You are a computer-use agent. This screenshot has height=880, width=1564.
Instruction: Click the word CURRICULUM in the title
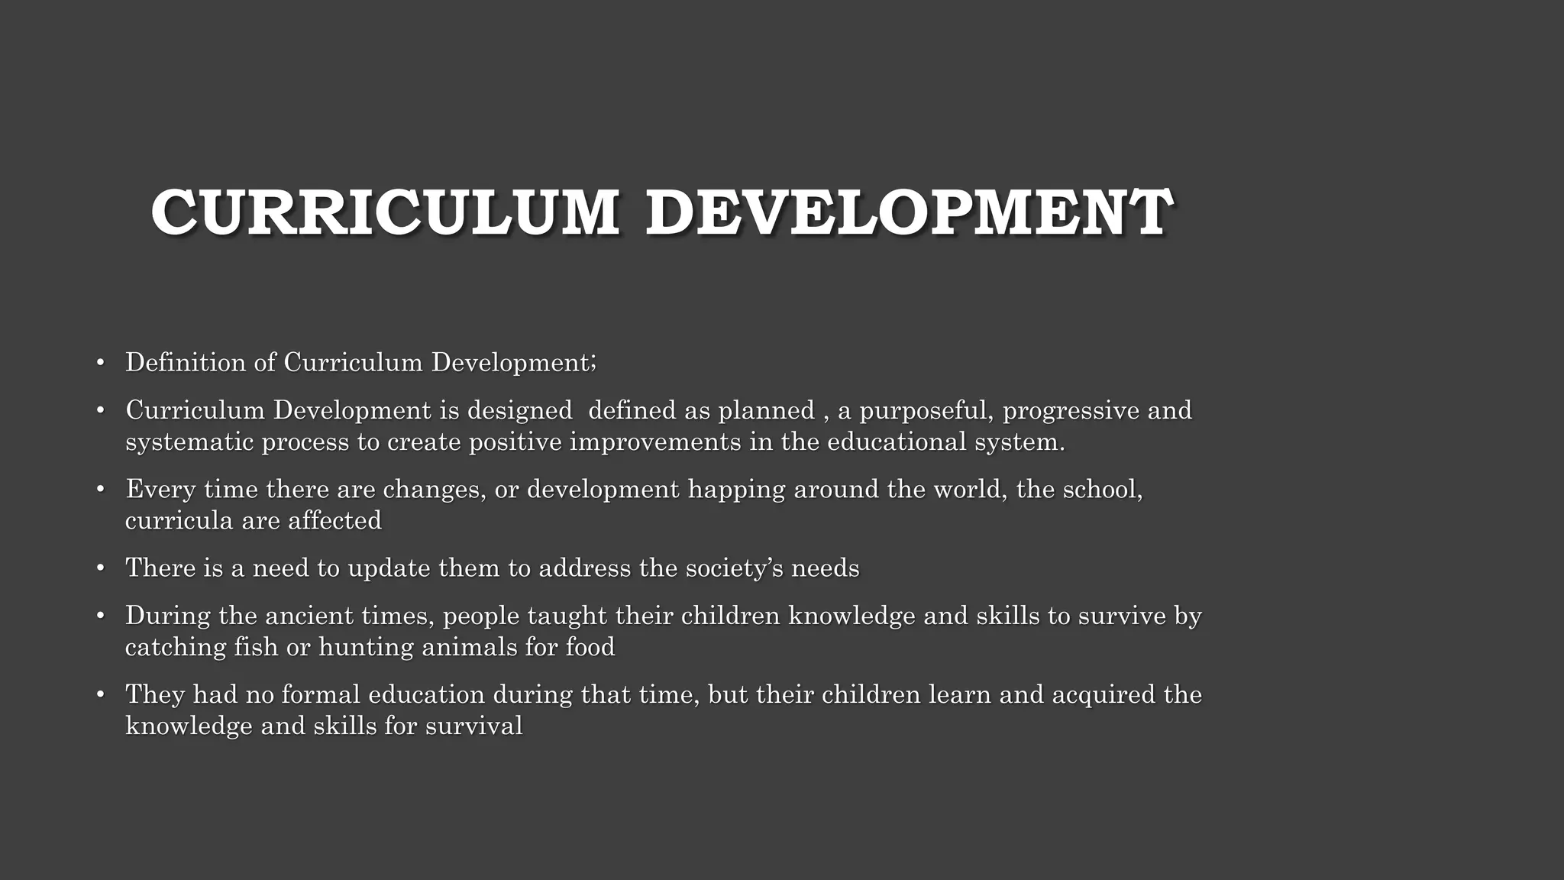(x=385, y=212)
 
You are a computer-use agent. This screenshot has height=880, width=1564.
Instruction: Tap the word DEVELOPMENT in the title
(x=908, y=212)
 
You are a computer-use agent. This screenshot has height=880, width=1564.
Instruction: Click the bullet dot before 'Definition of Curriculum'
(x=100, y=362)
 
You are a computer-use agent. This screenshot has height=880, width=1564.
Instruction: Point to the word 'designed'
(x=519, y=411)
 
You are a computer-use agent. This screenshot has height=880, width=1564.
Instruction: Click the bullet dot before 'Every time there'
(x=100, y=489)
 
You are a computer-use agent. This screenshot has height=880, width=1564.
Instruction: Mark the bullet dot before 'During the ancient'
(x=100, y=616)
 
